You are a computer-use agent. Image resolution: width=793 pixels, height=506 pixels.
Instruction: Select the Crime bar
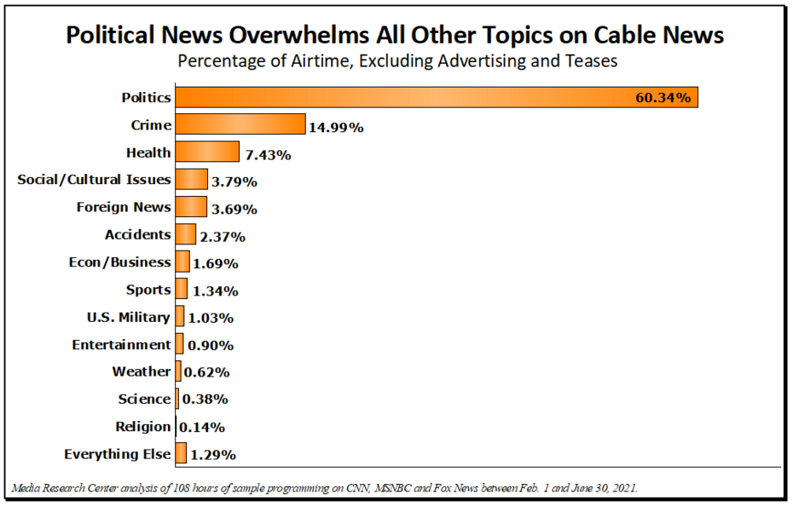pos(240,124)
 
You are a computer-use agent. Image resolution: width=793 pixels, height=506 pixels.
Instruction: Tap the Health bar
pos(207,152)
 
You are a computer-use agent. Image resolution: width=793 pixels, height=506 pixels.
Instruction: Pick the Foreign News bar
pos(191,207)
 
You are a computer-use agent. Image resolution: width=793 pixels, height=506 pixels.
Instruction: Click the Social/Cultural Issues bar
pos(191,179)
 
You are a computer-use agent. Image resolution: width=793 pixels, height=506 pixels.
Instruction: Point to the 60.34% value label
pos(663,98)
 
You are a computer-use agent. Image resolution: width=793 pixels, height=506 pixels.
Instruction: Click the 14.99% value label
pos(336,128)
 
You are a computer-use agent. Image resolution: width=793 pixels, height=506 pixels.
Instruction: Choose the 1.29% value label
pos(213,455)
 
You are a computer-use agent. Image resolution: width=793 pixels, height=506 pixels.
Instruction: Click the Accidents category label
pos(137,234)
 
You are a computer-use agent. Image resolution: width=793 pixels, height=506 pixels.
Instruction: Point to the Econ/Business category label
pos(119,262)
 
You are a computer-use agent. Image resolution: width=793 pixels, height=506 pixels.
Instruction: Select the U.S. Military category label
pos(129,317)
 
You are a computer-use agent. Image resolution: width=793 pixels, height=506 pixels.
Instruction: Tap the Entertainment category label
pos(121,344)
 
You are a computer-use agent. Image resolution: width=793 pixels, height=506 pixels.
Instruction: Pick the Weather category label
pos(141,371)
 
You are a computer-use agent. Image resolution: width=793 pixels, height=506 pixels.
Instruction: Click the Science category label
pos(144,399)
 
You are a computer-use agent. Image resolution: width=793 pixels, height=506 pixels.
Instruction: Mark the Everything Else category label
pos(118,454)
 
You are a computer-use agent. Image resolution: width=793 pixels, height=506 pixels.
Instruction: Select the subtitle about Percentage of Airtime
pos(396,61)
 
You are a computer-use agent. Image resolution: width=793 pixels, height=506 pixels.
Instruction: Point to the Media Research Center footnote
pos(324,488)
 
